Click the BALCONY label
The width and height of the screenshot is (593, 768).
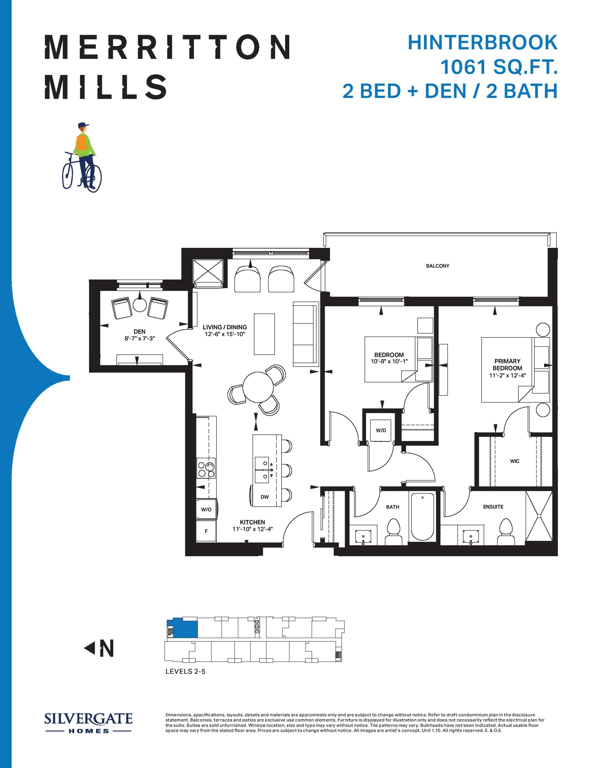pos(437,266)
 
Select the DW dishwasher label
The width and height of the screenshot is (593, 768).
pos(265,497)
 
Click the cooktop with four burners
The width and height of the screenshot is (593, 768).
pos(206,468)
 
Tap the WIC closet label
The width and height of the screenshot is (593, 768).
pos(515,461)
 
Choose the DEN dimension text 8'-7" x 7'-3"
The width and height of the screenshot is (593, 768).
pos(139,339)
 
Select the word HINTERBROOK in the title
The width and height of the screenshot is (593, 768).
pos(482,43)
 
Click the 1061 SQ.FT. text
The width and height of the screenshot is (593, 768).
pos(499,67)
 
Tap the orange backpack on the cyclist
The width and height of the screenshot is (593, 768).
pos(82,143)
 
